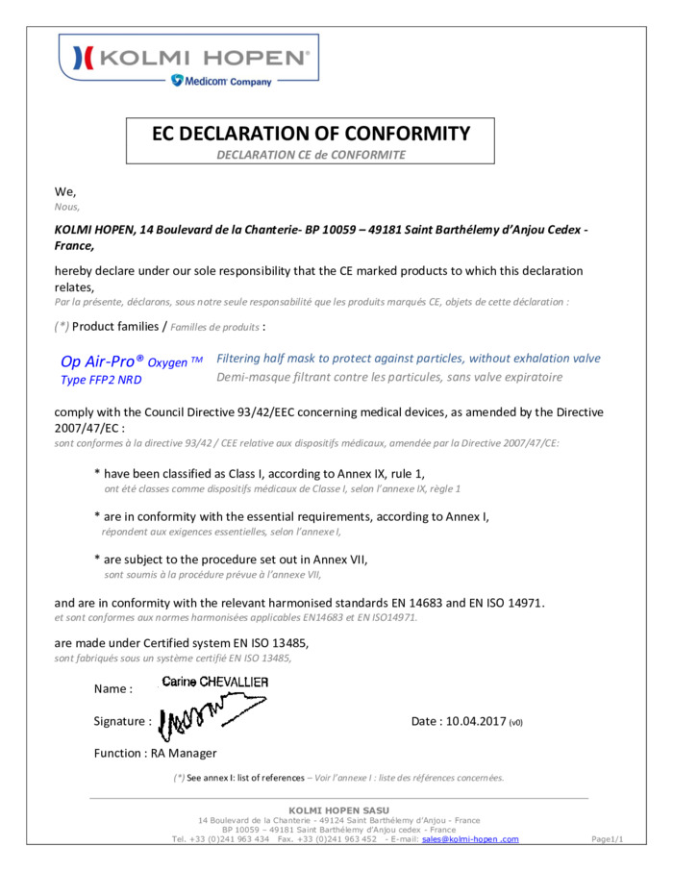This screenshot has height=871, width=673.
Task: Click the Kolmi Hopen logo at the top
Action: pyautogui.click(x=189, y=58)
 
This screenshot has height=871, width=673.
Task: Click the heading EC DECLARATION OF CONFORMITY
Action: pyautogui.click(x=311, y=134)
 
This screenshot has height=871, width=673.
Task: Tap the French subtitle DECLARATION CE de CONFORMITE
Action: pyautogui.click(x=311, y=154)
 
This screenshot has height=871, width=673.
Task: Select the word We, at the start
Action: pyautogui.click(x=65, y=192)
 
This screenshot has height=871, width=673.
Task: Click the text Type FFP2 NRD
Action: pyautogui.click(x=100, y=380)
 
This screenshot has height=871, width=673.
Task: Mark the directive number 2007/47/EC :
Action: pyautogui.click(x=88, y=428)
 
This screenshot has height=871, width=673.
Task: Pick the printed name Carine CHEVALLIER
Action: pyautogui.click(x=215, y=683)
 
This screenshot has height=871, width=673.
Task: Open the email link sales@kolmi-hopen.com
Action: pyautogui.click(x=470, y=839)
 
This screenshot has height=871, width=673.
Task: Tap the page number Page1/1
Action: pyautogui.click(x=608, y=839)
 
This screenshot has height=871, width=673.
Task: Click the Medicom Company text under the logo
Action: pyautogui.click(x=222, y=82)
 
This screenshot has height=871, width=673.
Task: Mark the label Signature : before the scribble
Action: pyautogui.click(x=122, y=721)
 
